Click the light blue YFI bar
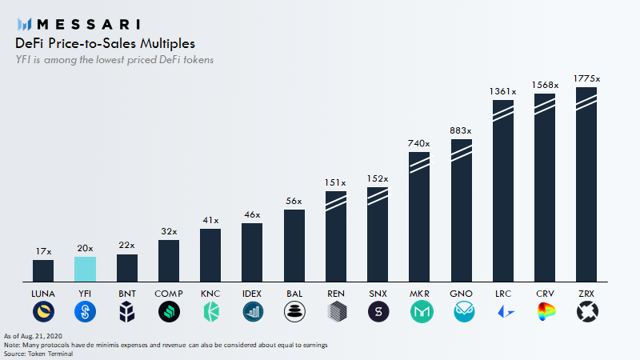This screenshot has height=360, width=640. click(86, 269)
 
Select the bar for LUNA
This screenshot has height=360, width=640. click(43, 270)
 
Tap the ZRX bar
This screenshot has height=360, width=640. click(586, 184)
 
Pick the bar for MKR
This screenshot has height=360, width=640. click(420, 216)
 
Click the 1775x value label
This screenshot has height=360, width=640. click(586, 78)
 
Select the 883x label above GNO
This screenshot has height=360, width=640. click(462, 130)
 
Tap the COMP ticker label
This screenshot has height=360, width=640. click(169, 294)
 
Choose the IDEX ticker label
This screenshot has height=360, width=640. click(252, 294)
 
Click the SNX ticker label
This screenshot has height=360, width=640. click(378, 294)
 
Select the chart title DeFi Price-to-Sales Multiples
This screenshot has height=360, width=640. click(105, 43)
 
